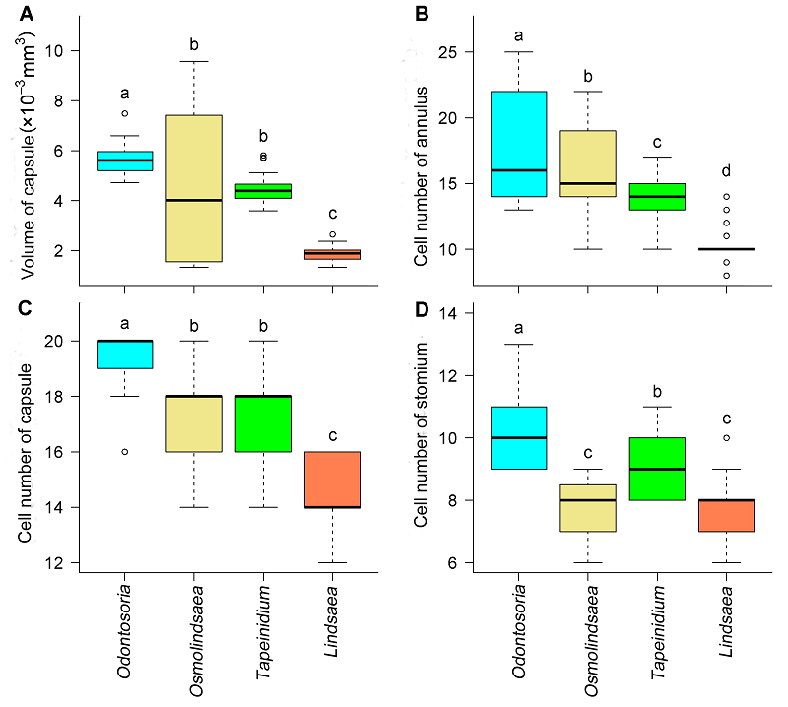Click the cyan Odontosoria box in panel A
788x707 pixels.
(x=124, y=161)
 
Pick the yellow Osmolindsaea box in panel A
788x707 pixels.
(x=193, y=188)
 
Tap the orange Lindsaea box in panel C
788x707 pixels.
(x=331, y=480)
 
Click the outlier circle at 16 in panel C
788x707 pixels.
(x=124, y=452)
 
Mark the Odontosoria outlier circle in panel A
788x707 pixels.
(x=124, y=114)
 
